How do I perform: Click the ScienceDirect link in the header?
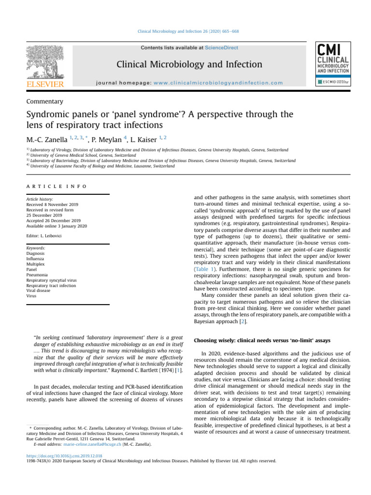pyautogui.click(x=221, y=48)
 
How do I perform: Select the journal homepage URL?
pyautogui.click(x=218, y=83)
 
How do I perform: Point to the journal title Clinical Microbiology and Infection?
pyautogui.click(x=189, y=64)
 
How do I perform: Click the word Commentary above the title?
pyautogui.click(x=44, y=102)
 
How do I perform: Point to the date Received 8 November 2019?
pyautogui.click(x=52, y=204)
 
